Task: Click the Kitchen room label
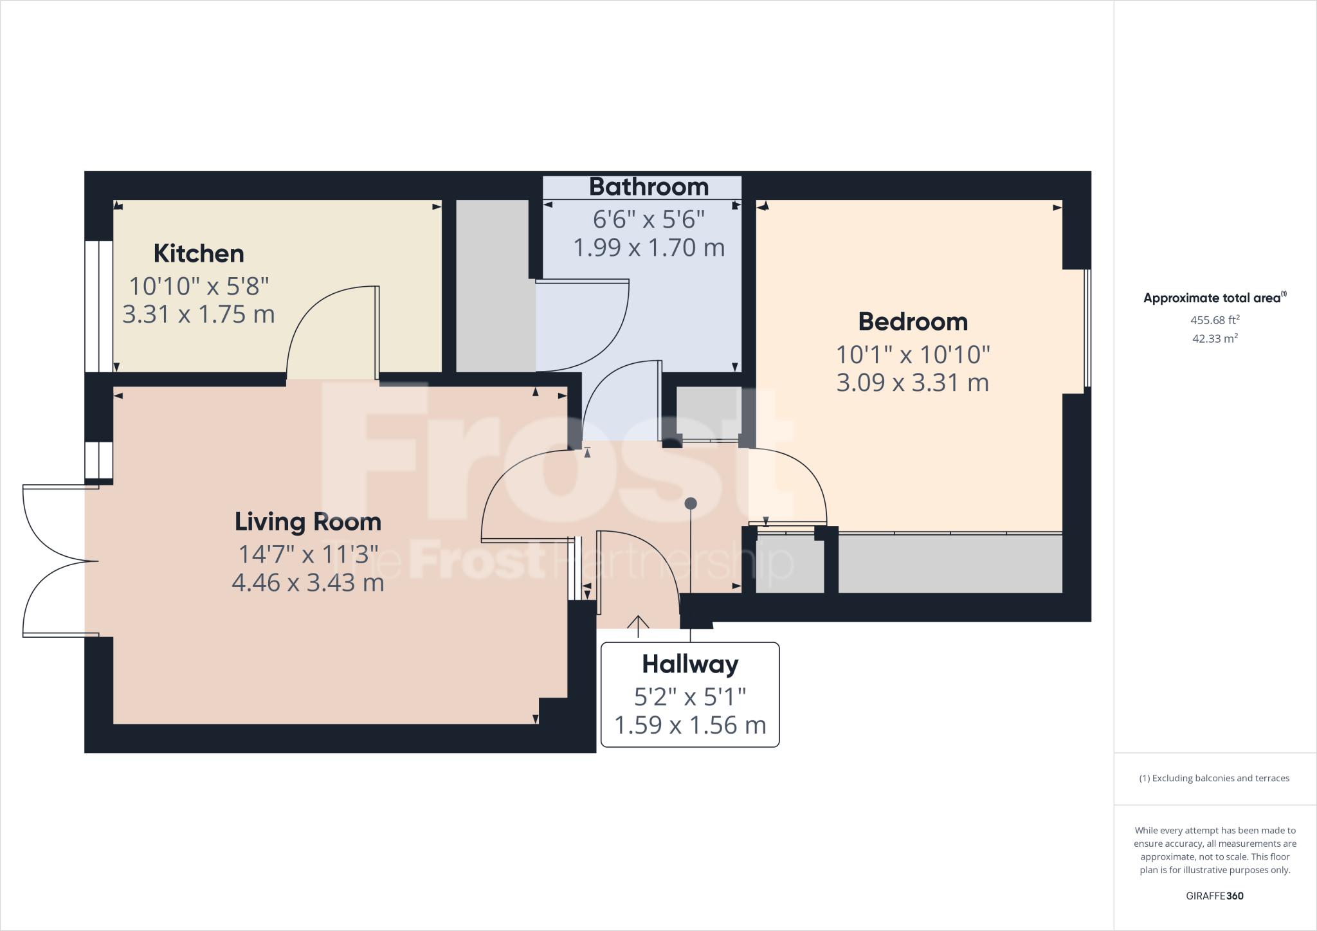point(199,254)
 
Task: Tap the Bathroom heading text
point(648,187)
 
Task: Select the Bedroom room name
point(913,321)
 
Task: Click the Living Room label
point(307,521)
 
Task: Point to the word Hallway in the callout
point(690,664)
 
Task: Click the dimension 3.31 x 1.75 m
point(199,314)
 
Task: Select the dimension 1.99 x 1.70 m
point(648,248)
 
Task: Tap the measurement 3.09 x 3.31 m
point(913,383)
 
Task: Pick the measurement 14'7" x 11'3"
point(307,554)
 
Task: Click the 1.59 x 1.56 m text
point(690,725)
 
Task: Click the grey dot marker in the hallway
point(691,503)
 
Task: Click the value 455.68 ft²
point(1215,320)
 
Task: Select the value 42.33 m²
point(1215,338)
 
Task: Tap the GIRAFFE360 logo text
point(1214,896)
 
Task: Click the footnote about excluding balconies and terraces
point(1214,778)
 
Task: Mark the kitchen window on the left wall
point(99,307)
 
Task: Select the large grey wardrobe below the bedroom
point(950,563)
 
